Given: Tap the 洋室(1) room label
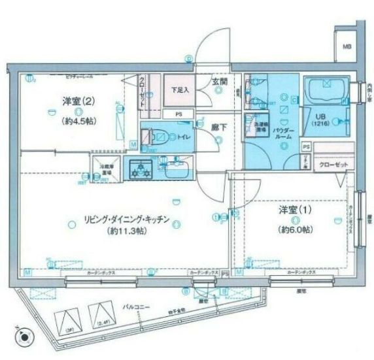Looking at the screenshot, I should [x=293, y=210].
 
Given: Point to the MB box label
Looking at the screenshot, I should [x=347, y=46].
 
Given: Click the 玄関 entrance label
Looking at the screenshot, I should [x=219, y=82].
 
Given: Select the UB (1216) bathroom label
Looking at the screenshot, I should [x=318, y=120].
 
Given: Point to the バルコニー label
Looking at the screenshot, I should [x=137, y=306].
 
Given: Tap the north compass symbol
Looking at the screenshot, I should [x=25, y=338].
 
